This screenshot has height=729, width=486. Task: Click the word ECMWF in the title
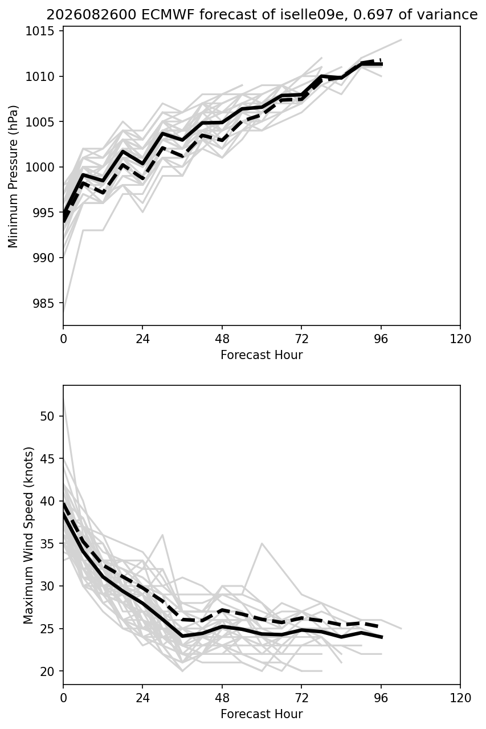point(168,15)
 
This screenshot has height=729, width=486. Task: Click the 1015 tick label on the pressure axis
point(40,31)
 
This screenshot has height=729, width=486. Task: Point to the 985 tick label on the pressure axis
point(43,303)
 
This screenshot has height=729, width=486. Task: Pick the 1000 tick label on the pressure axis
point(40,167)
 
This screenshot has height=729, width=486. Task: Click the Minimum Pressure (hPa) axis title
point(13,176)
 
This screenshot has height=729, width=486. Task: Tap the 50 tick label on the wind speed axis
point(47,416)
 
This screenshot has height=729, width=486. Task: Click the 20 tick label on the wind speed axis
point(47,671)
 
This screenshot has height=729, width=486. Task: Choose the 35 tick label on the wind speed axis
point(47,544)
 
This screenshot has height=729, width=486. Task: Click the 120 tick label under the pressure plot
point(460,339)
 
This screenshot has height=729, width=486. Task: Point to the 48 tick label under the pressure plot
point(222,339)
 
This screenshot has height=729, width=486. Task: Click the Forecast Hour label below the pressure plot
point(262,355)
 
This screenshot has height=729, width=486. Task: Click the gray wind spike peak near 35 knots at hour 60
point(262,544)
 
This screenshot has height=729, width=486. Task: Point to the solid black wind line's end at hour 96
point(382,637)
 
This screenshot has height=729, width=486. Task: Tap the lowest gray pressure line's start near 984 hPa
point(63,312)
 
